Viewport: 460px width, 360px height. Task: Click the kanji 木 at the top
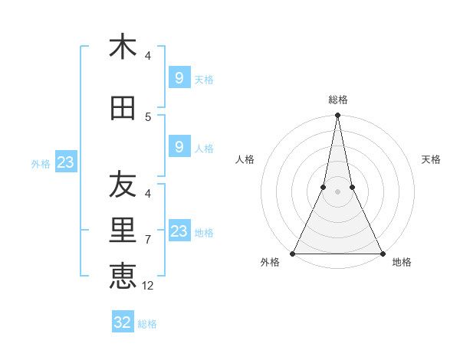click(x=123, y=47)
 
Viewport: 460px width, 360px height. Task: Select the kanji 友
click(x=123, y=185)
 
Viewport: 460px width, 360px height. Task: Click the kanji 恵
click(x=123, y=276)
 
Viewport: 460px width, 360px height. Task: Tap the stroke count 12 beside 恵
click(x=149, y=286)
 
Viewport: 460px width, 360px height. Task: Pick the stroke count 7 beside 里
click(x=148, y=240)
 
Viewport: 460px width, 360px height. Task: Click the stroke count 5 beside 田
click(x=148, y=117)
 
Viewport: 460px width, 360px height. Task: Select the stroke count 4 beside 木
click(x=148, y=56)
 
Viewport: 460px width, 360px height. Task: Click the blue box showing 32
click(x=123, y=322)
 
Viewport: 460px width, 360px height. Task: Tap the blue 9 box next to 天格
click(x=179, y=77)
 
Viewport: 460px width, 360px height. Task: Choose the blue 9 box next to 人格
click(x=179, y=146)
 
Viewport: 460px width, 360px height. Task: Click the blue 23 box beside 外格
click(x=65, y=162)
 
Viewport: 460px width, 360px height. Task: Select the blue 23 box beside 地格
click(x=179, y=231)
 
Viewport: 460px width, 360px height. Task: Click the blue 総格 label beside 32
click(x=147, y=324)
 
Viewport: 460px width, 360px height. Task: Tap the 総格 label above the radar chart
click(x=338, y=100)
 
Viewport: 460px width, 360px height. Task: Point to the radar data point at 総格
click(x=337, y=116)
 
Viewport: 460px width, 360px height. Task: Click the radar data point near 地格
click(x=382, y=253)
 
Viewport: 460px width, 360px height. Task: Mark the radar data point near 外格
click(x=293, y=253)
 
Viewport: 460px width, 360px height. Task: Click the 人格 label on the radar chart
click(x=245, y=159)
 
